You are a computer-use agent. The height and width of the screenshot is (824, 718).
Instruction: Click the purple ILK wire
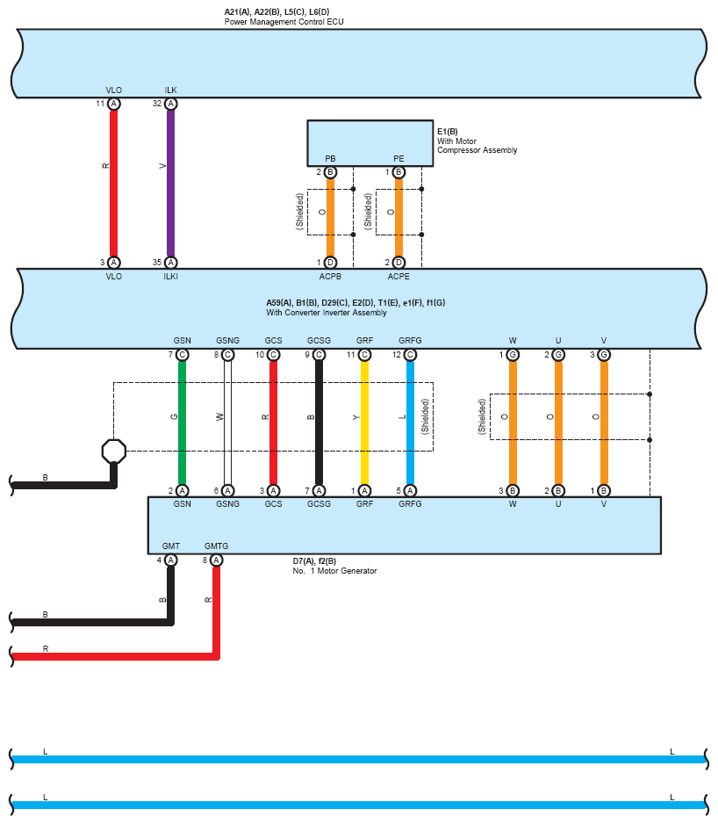coord(170,184)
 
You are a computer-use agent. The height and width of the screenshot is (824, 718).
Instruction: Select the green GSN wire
coord(182,422)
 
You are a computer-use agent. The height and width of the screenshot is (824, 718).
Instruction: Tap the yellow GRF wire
coord(364,422)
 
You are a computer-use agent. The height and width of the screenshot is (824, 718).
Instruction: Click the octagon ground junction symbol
coord(113,451)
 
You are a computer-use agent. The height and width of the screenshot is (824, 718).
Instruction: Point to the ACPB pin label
coord(330,276)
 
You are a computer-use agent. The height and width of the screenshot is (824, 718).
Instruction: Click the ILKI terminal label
coord(171,276)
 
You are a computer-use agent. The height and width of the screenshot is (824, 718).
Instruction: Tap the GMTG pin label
coord(216,546)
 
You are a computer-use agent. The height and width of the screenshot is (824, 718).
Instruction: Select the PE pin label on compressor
coord(398,159)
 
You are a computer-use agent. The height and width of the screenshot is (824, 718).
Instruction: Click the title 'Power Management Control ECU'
coord(278,21)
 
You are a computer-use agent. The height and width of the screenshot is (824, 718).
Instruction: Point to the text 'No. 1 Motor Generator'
coord(334,571)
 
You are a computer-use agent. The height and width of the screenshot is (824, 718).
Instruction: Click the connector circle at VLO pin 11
coord(114,104)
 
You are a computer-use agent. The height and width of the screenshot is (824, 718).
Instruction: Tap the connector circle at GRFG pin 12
coord(410,355)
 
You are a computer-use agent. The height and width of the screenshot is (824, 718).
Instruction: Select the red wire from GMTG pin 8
coord(216,615)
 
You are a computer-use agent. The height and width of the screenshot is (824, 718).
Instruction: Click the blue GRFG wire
coord(410,422)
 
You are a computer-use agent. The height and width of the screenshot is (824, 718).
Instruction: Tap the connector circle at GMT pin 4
coord(170,560)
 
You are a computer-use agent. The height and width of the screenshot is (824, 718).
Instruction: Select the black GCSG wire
coord(319,422)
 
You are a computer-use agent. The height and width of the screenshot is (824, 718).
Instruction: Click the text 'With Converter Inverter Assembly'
coord(327,313)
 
